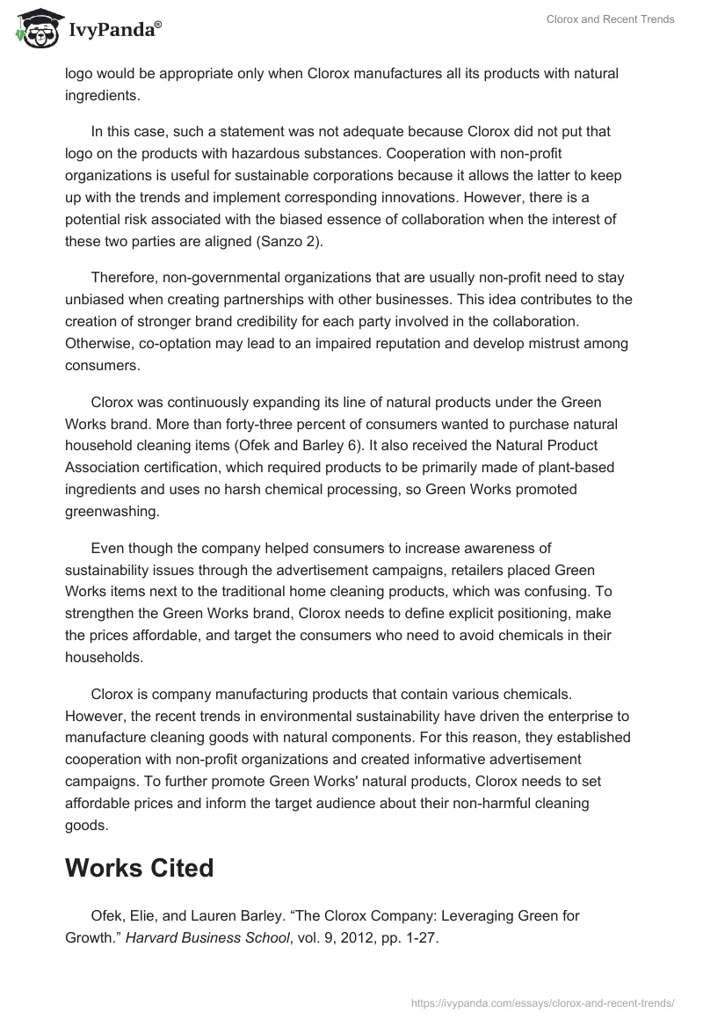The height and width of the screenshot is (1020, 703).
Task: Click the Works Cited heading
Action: coord(139,867)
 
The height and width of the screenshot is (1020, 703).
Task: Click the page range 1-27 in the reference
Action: coord(418,937)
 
